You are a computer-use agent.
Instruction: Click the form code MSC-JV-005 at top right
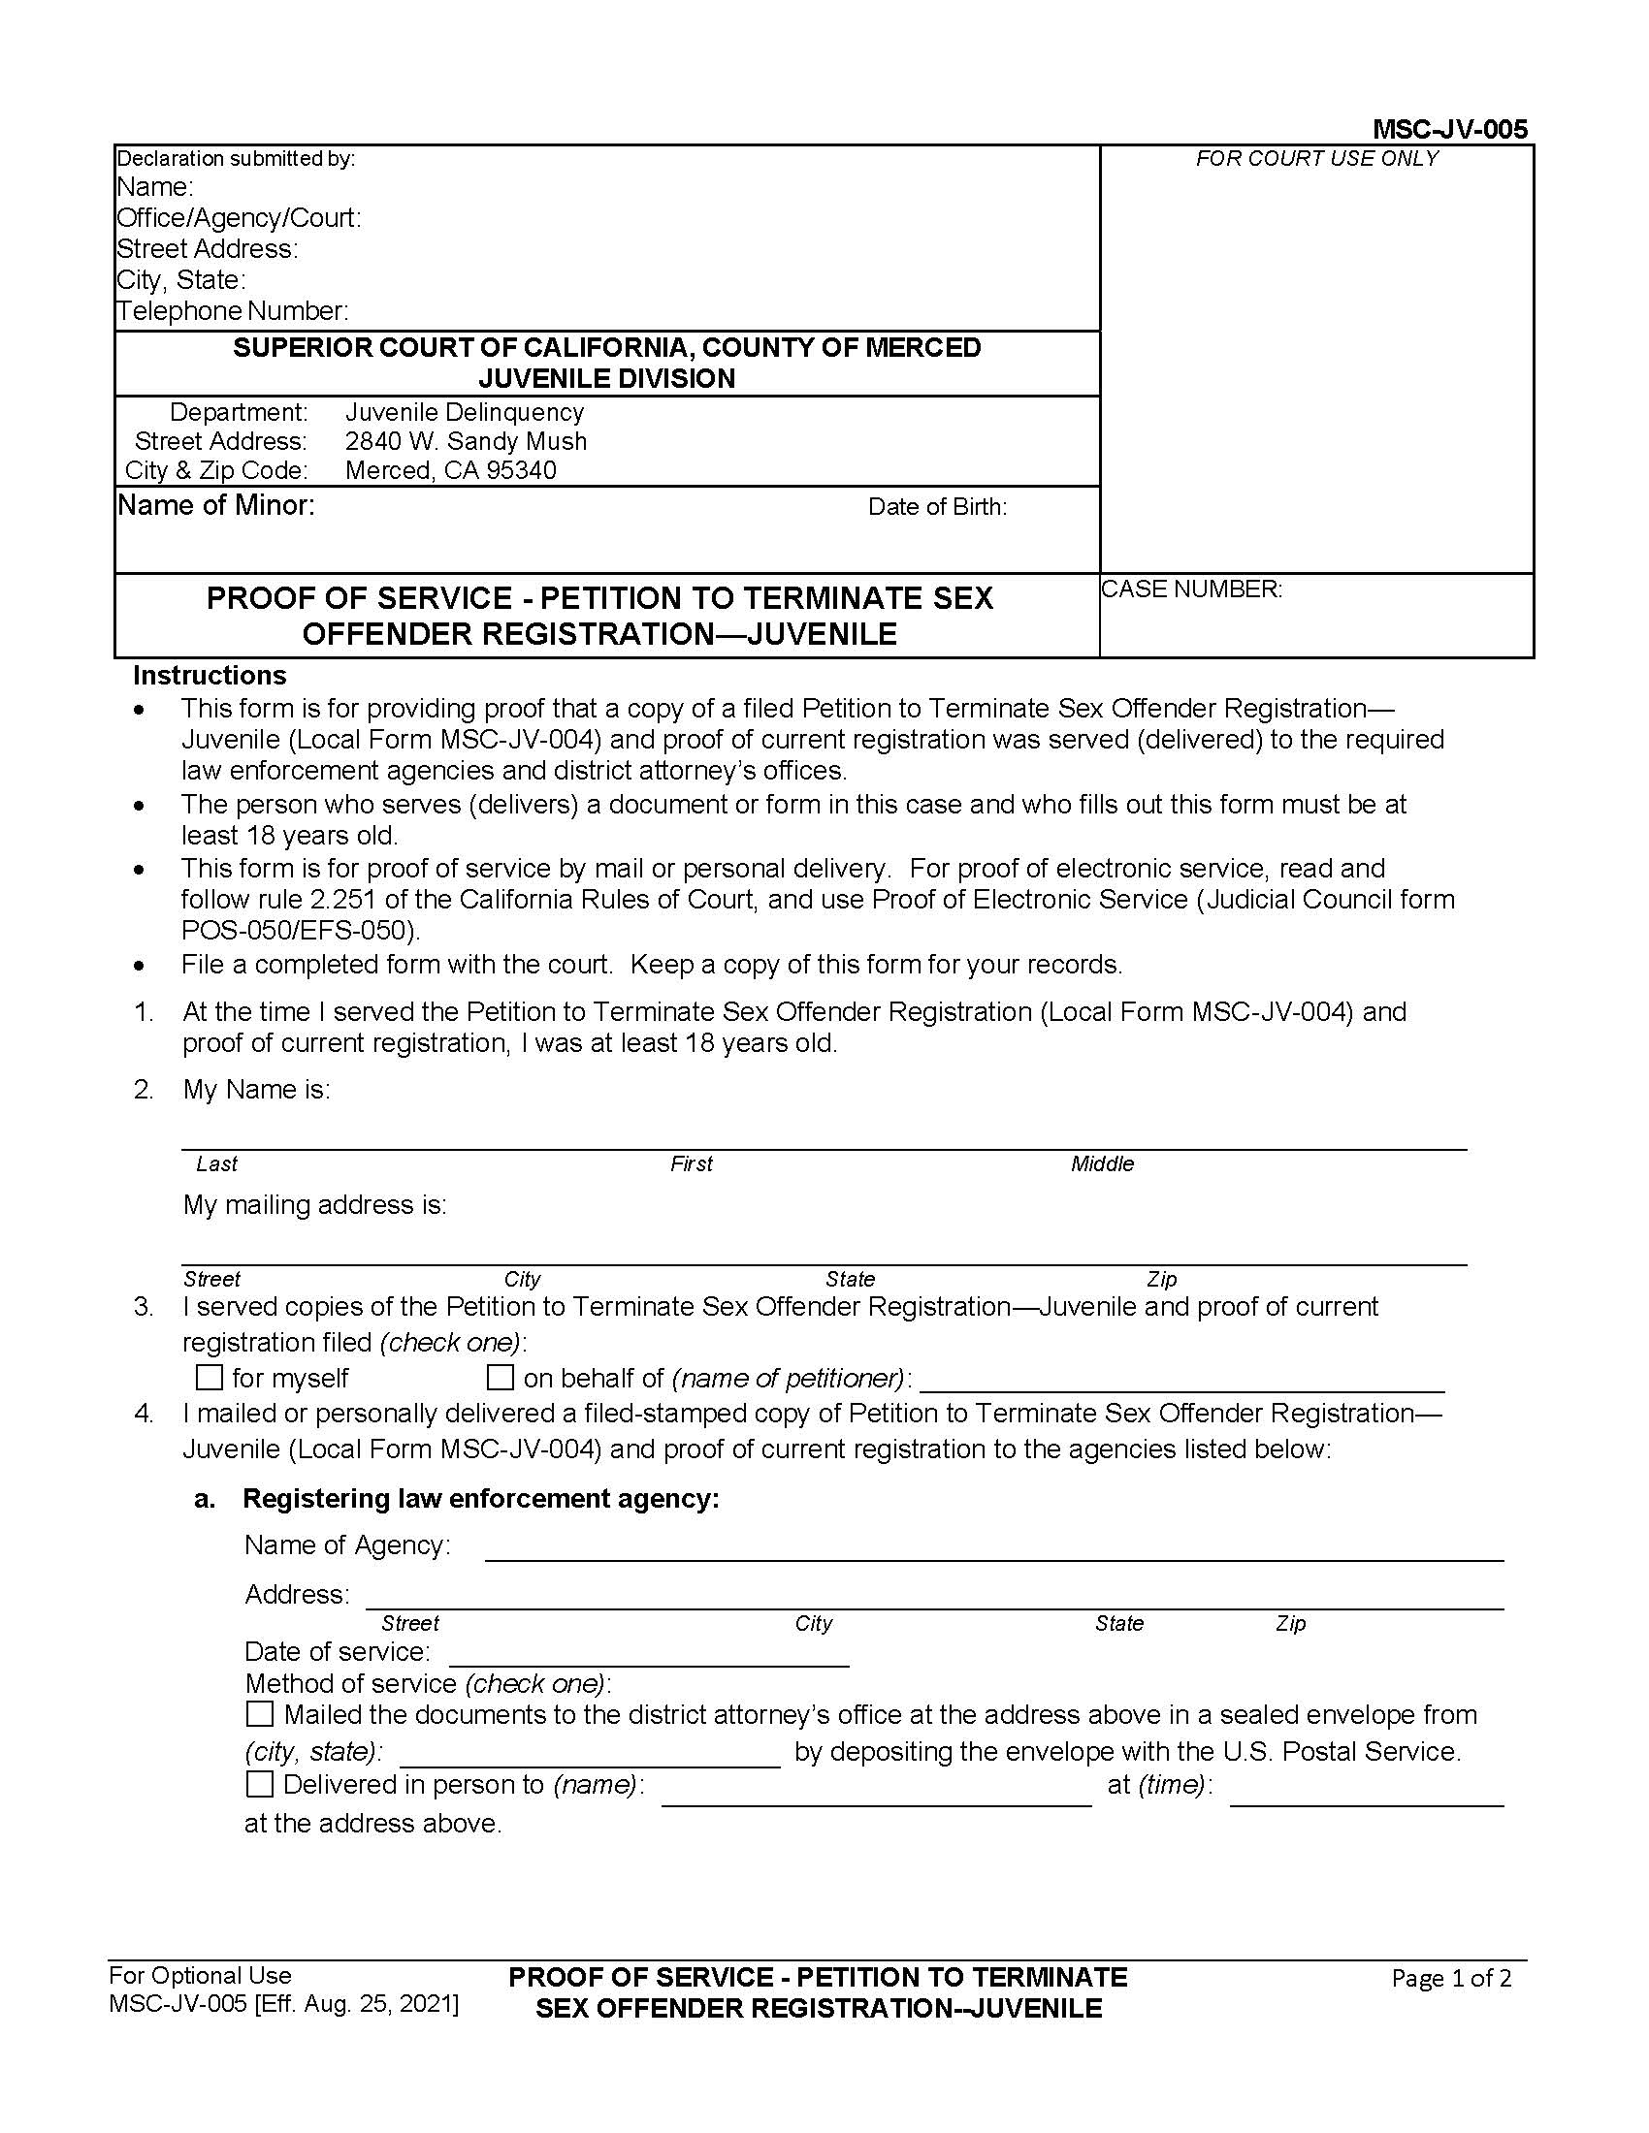click(1449, 129)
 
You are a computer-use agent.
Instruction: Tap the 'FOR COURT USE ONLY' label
click(1316, 158)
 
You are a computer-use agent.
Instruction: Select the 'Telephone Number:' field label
click(233, 311)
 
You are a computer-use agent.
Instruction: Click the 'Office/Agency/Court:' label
click(239, 218)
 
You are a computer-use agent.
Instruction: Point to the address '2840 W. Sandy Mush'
click(466, 441)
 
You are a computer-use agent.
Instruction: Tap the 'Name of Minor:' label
click(216, 506)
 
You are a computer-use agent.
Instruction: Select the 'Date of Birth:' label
click(937, 507)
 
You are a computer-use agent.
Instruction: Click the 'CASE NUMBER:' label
click(1191, 589)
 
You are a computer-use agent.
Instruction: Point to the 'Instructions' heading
click(210, 676)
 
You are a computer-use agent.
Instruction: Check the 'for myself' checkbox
click(210, 1377)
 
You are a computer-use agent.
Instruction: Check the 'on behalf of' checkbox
click(501, 1377)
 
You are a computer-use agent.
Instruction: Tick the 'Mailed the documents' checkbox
click(260, 1714)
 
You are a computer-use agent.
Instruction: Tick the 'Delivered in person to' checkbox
click(260, 1784)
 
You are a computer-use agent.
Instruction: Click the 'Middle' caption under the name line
click(1102, 1163)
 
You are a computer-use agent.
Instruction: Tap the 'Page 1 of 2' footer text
click(1451, 1979)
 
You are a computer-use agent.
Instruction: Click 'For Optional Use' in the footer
click(200, 1975)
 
